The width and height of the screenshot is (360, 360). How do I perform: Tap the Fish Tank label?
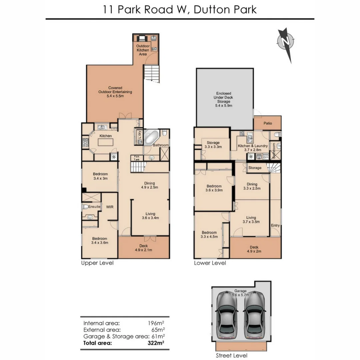137,158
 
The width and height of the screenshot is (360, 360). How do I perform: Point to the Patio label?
268,123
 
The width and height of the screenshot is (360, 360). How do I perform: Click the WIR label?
110,207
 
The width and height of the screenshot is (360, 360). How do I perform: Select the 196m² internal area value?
156,323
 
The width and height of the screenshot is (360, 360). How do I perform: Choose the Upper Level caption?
97,263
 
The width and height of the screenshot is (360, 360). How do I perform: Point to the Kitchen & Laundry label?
252,148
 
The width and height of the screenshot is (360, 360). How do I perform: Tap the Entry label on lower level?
275,226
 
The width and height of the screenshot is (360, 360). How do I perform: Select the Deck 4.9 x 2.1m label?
143,248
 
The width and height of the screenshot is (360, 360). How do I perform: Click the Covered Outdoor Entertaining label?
115,92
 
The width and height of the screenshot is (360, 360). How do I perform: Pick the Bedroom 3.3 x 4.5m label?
209,235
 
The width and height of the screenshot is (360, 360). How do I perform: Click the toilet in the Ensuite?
86,207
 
